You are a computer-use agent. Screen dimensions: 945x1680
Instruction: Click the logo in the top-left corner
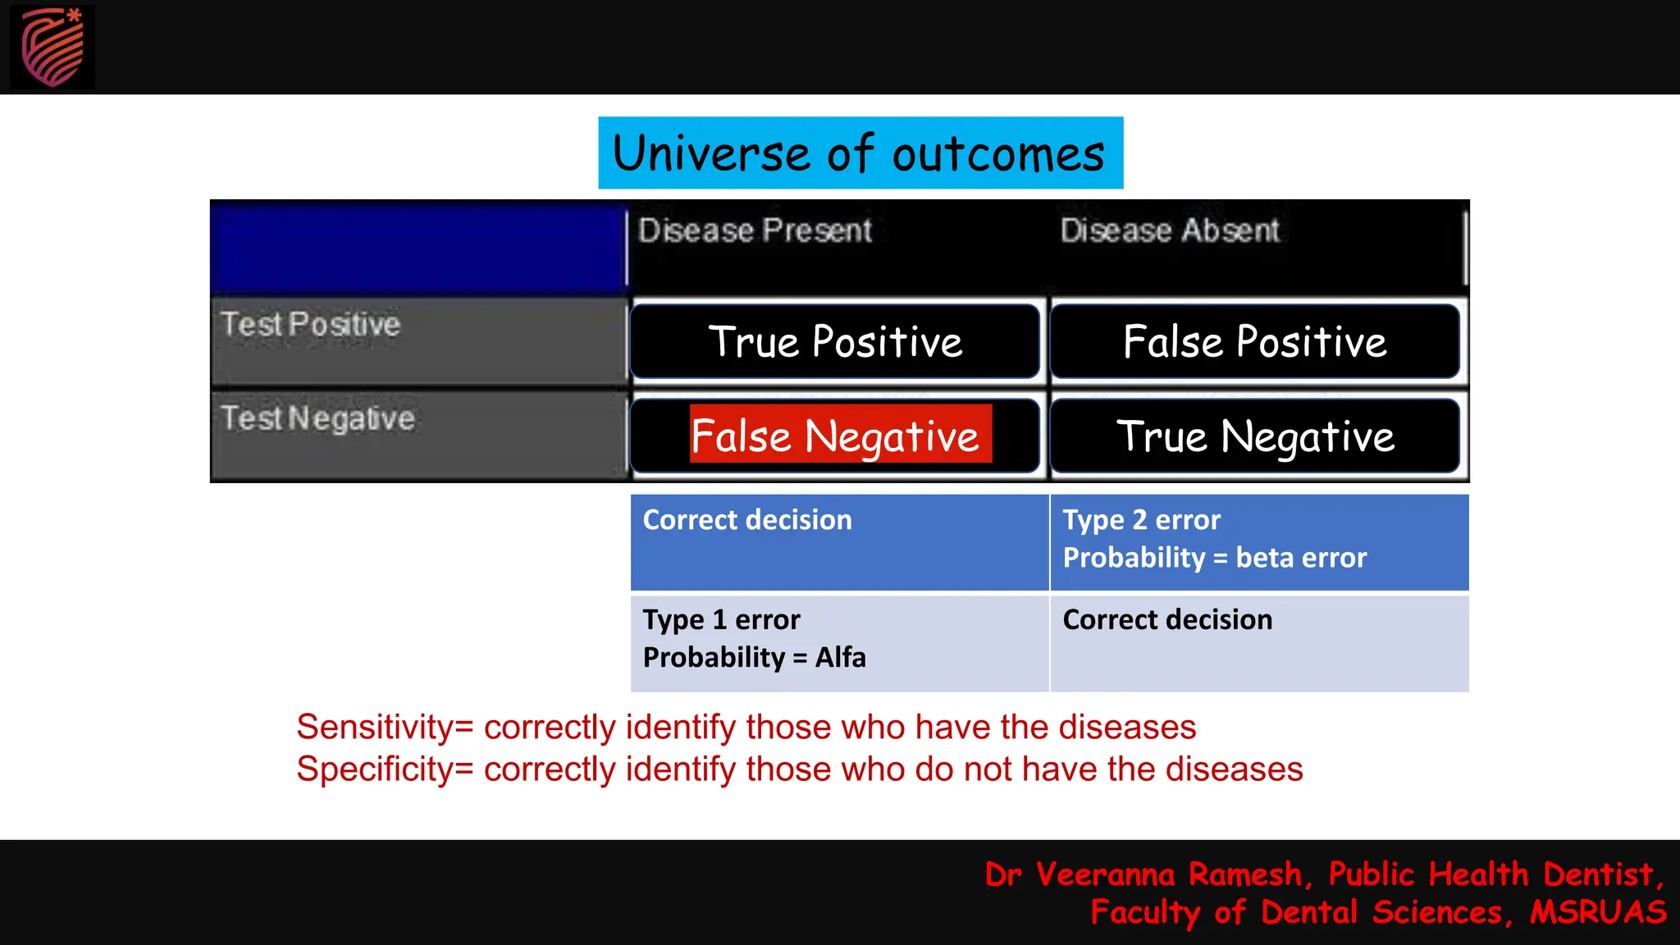tap(52, 47)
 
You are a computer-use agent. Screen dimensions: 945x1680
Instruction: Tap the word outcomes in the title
tap(998, 153)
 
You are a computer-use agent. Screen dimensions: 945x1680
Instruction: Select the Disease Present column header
tap(755, 231)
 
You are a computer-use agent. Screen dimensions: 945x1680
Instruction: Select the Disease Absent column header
tap(1169, 231)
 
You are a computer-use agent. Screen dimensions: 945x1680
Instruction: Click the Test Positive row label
tap(310, 325)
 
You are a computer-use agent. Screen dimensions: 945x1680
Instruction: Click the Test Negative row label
tap(317, 418)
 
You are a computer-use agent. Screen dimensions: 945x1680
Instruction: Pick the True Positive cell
tap(835, 341)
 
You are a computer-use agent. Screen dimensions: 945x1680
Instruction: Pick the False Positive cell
tap(1254, 341)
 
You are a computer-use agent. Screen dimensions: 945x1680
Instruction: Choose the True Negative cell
tap(1254, 436)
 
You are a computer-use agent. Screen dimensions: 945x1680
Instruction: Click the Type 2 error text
tap(1141, 520)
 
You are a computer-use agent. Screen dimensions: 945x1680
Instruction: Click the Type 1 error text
tap(721, 619)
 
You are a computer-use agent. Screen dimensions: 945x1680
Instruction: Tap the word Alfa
tap(840, 657)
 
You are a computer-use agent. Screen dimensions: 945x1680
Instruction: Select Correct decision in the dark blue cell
tap(747, 520)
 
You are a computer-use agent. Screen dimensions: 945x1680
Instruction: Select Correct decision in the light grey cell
tap(1167, 619)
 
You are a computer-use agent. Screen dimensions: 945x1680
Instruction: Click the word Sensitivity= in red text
tap(385, 728)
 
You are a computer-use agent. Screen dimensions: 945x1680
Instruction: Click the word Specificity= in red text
tap(385, 769)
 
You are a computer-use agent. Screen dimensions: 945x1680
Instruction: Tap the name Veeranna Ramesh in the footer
tap(1168, 874)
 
